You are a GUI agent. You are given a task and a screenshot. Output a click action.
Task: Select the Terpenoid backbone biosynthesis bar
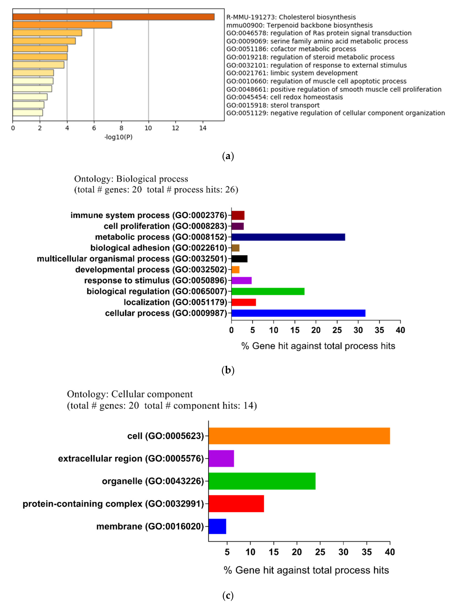point(62,25)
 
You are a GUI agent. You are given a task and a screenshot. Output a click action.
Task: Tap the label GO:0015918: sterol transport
point(273,105)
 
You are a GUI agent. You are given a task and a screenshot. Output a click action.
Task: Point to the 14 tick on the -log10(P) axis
point(203,128)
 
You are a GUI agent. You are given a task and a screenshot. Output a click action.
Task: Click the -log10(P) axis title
point(118,137)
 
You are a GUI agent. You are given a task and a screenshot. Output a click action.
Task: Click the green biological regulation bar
point(268,291)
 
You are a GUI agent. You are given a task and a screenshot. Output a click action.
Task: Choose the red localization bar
point(244,302)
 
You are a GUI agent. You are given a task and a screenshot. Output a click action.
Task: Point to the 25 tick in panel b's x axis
point(337,330)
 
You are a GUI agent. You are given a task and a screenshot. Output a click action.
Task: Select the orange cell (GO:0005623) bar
point(299,436)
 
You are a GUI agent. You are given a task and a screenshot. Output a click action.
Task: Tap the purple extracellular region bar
point(221,458)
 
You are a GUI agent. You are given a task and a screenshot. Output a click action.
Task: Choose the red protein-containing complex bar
point(236,504)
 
